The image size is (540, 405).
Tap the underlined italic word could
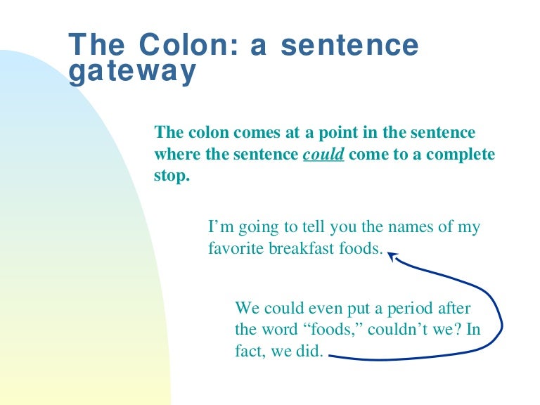click(323, 154)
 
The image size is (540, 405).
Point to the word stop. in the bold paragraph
click(172, 176)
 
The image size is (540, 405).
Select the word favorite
click(236, 247)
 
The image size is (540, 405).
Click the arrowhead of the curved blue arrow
click(392, 255)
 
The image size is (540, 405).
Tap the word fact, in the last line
click(250, 351)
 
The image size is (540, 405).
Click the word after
click(454, 308)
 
